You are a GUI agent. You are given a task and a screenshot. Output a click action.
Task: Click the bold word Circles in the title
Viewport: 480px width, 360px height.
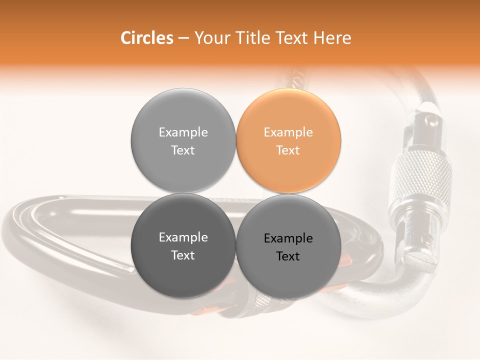(146, 38)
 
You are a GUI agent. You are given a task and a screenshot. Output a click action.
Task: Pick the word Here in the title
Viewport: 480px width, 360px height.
(334, 38)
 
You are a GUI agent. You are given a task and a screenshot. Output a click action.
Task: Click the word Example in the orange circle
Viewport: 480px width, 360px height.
(288, 132)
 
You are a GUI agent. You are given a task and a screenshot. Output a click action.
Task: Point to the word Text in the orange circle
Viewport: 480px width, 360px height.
(288, 150)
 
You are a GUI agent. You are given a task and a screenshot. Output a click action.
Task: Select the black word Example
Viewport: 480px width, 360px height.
(288, 238)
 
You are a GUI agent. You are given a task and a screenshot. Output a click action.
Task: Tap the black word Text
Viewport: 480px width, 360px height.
(288, 256)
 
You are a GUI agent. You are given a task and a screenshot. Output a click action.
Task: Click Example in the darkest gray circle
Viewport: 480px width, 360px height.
(183, 237)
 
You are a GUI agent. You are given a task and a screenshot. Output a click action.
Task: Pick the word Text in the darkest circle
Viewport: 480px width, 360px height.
(183, 255)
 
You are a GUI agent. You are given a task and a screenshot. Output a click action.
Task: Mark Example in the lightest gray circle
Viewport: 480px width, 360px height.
(183, 132)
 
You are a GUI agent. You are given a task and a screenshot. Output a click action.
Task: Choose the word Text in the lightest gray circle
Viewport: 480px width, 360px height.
(183, 150)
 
